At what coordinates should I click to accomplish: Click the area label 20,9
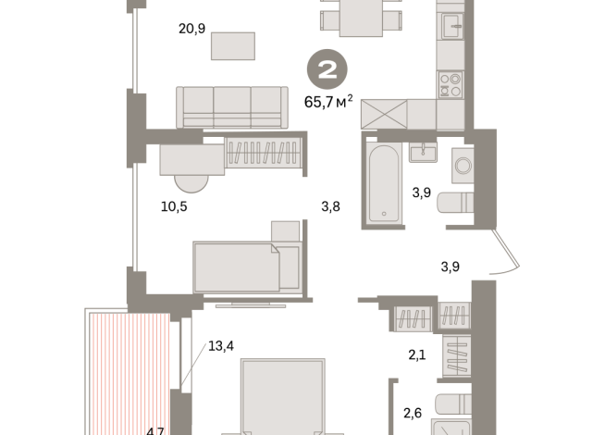(x=191, y=29)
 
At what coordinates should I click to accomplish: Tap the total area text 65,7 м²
(x=329, y=100)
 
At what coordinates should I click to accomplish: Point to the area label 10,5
(x=174, y=206)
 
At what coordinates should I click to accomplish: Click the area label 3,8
(x=330, y=206)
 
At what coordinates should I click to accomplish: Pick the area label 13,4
(x=221, y=346)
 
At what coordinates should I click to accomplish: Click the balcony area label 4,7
(x=155, y=429)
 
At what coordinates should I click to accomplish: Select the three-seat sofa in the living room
(x=231, y=106)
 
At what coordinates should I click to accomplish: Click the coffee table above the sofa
(x=232, y=45)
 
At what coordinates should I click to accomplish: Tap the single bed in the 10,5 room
(x=245, y=266)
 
